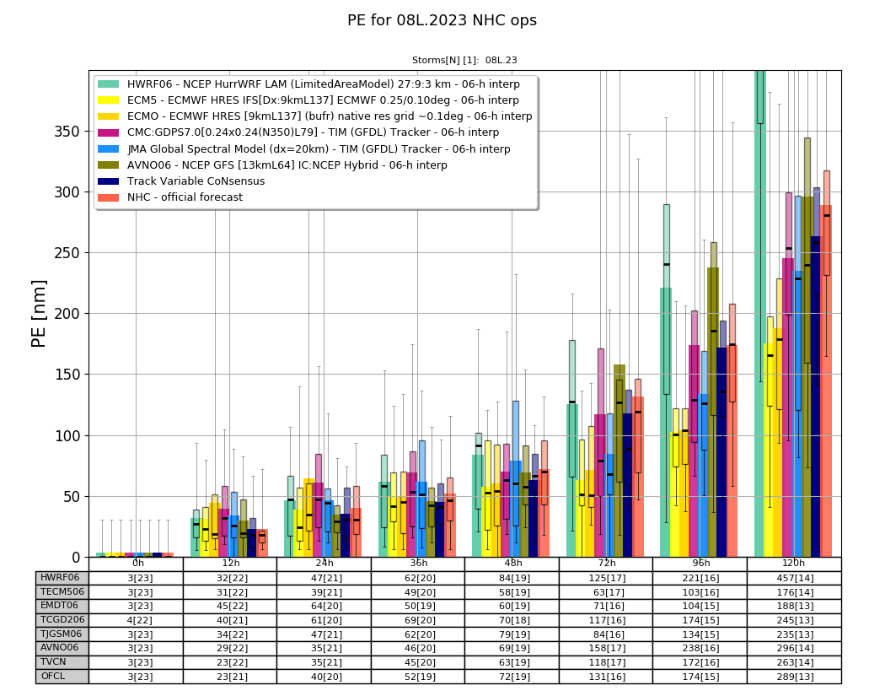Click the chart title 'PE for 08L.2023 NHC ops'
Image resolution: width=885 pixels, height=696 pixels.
coord(442,20)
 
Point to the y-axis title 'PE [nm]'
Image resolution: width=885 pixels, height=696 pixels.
coord(39,314)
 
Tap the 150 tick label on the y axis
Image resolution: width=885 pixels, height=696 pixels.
coord(67,375)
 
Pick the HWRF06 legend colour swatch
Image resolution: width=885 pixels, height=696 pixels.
coord(109,84)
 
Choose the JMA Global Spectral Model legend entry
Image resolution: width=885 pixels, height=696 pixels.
coord(304,149)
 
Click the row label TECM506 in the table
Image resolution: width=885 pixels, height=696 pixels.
coord(62,592)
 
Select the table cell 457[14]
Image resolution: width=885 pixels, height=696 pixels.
coord(795,578)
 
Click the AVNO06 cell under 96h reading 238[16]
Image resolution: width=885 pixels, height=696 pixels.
coord(700,648)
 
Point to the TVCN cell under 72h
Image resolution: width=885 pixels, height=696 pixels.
coord(606,662)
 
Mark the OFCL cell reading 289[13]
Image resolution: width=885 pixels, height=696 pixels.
coord(795,677)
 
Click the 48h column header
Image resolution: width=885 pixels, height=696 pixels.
coord(512,564)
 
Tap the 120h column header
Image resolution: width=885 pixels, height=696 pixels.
coord(794,564)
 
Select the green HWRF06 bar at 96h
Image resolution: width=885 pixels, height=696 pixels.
coord(666,423)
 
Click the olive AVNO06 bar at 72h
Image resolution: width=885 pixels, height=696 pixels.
coord(619,461)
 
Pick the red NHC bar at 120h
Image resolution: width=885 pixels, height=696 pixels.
coord(826,381)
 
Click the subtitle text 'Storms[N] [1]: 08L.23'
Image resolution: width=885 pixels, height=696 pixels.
coord(464,60)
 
